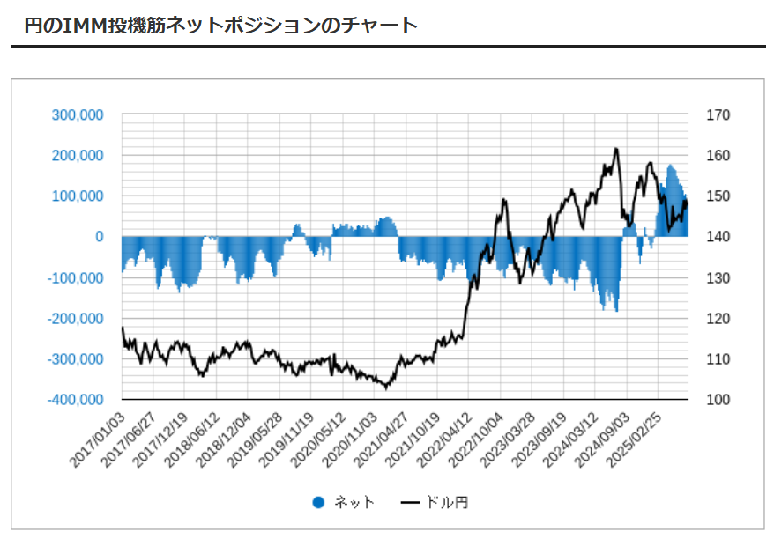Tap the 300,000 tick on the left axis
(x=78, y=114)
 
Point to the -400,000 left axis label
(x=77, y=400)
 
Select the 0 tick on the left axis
(x=99, y=237)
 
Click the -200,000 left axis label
(x=77, y=319)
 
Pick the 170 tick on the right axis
(x=718, y=114)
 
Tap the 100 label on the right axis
(x=718, y=400)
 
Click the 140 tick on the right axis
(x=718, y=237)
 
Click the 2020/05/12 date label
(x=314, y=436)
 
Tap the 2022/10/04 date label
(x=476, y=436)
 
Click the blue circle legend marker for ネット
(x=319, y=503)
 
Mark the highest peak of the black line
(x=615, y=149)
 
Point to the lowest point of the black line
(x=386, y=388)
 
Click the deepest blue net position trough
(x=616, y=311)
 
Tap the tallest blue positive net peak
(x=670, y=166)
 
